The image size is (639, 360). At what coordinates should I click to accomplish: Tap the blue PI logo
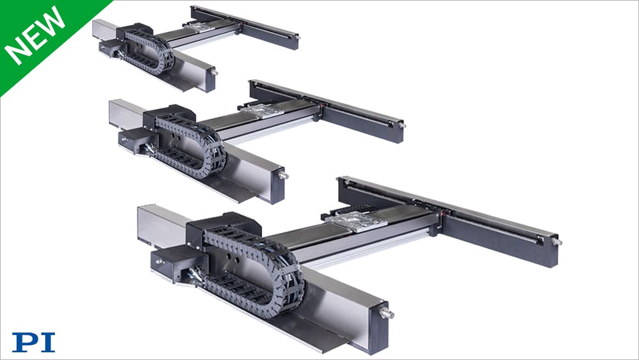coord(33,342)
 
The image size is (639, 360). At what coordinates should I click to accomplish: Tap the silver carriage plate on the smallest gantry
coord(201,27)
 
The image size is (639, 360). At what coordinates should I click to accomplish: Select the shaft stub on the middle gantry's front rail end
coord(283,175)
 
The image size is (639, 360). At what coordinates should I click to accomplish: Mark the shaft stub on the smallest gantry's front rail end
coord(214,72)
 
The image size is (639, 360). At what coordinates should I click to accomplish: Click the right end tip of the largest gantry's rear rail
coord(557,242)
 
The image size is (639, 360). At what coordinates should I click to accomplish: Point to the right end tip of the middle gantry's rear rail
coord(403,125)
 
